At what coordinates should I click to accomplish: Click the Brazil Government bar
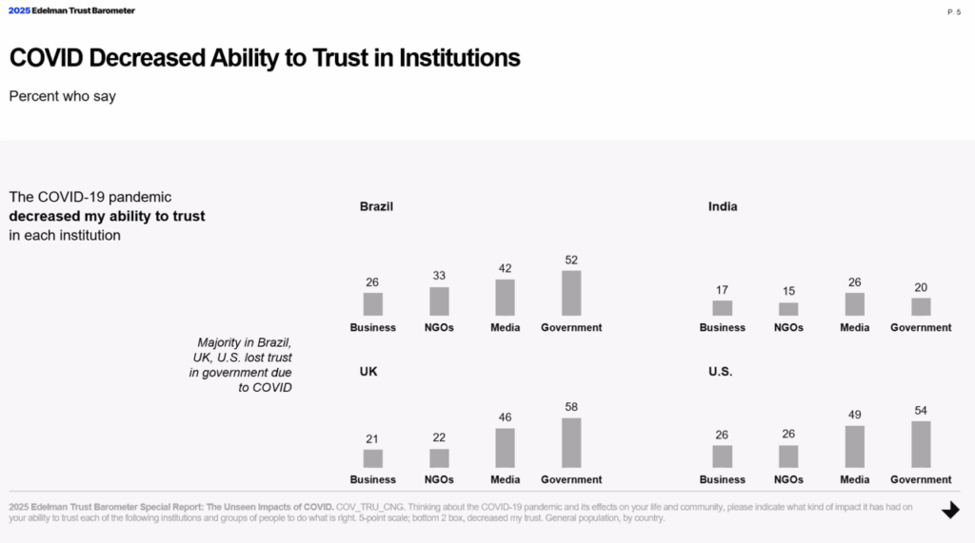[x=571, y=293]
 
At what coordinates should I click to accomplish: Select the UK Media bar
[x=505, y=448]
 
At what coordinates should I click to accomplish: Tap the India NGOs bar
[x=788, y=309]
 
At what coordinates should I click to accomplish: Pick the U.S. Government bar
[x=921, y=444]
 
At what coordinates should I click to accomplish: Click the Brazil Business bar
[x=373, y=304]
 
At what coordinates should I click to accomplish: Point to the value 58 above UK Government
[x=571, y=407]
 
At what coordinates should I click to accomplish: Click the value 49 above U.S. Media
[x=855, y=415]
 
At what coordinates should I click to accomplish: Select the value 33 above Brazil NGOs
[x=439, y=276]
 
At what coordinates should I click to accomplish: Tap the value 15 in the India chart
[x=788, y=291]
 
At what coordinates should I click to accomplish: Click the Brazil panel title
[x=376, y=206]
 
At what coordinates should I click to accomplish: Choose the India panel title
[x=723, y=206]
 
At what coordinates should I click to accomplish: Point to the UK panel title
[x=368, y=371]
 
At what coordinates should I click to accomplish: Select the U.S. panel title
[x=720, y=371]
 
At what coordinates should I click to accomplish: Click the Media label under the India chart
[x=855, y=327]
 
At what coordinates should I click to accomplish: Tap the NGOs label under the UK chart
[x=439, y=479]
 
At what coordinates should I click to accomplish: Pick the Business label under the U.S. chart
[x=723, y=479]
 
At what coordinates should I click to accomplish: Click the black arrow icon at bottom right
[x=950, y=511]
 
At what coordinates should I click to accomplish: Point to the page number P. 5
[x=954, y=11]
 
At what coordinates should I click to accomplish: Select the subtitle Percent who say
[x=62, y=96]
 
